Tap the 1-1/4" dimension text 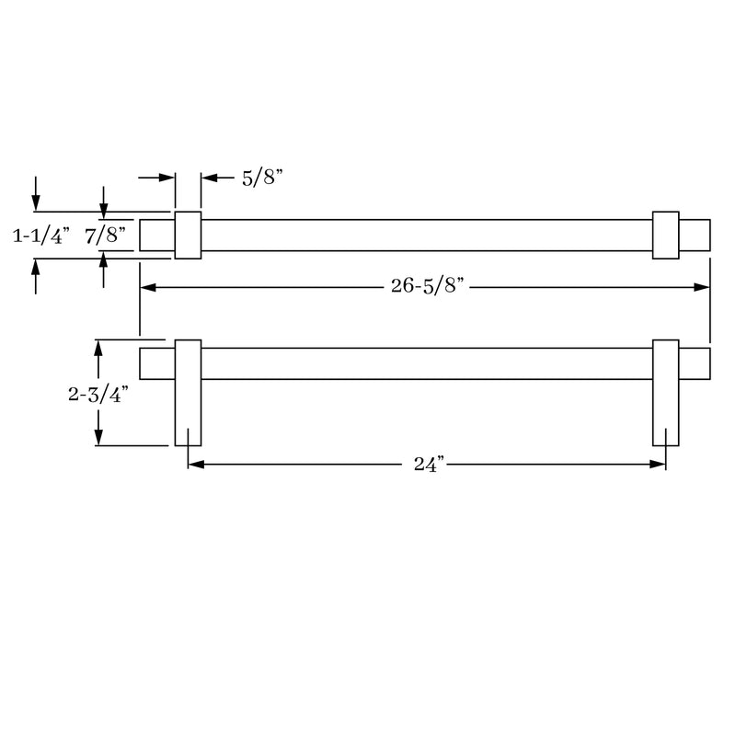(x=40, y=236)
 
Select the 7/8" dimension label (x=107, y=236)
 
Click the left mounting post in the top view (x=188, y=236)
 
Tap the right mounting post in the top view (x=665, y=236)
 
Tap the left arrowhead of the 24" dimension (x=195, y=465)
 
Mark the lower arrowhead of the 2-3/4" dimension (x=98, y=438)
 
